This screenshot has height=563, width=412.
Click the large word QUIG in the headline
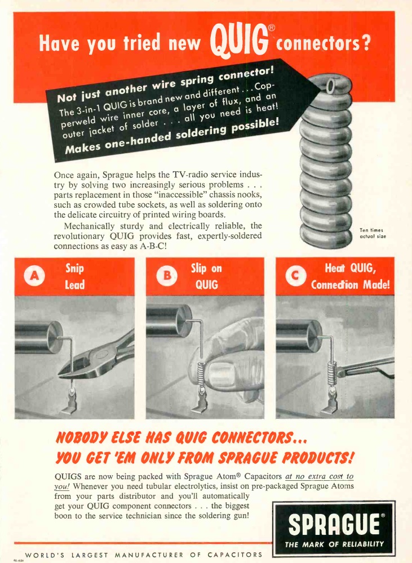click(x=239, y=41)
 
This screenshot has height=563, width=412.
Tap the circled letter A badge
click(x=34, y=276)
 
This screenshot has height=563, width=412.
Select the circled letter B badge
click(x=167, y=275)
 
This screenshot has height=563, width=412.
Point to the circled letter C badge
click(x=295, y=276)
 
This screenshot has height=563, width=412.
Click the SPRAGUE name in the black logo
click(x=334, y=525)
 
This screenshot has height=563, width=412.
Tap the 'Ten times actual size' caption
click(x=373, y=233)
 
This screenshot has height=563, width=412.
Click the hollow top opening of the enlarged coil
click(x=330, y=85)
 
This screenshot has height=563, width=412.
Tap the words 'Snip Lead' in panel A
click(x=74, y=276)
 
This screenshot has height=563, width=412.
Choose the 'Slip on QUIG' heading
click(x=206, y=276)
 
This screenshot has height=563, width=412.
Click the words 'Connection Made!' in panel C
click(x=351, y=285)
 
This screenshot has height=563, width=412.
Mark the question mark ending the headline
click(x=365, y=43)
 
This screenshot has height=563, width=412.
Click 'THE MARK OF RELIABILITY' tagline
click(x=334, y=544)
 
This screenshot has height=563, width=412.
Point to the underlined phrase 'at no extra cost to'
click(x=320, y=476)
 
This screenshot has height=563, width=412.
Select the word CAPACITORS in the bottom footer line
click(x=235, y=555)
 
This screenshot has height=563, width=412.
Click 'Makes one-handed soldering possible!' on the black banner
click(x=172, y=136)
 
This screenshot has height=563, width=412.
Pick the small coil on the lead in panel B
click(x=201, y=374)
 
